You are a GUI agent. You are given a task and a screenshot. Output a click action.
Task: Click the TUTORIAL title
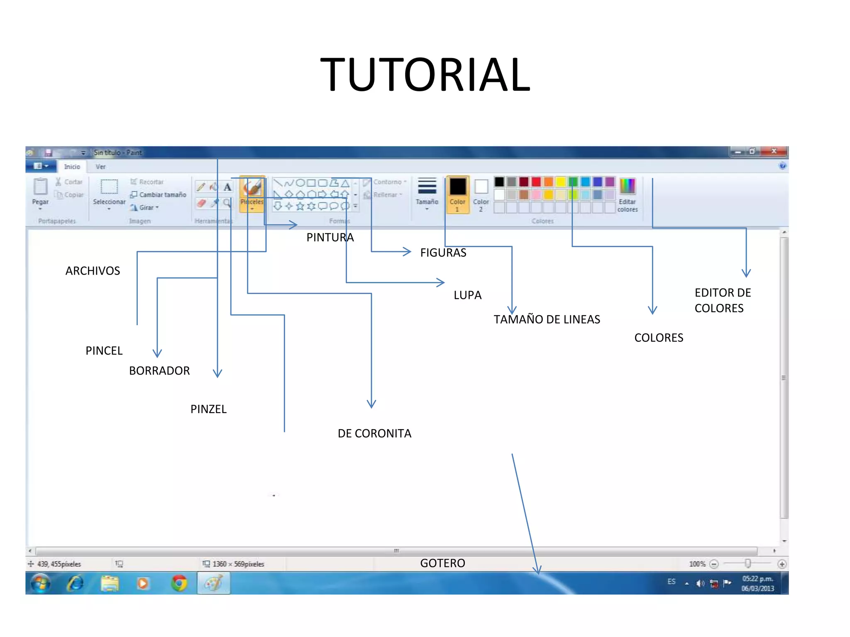(425, 75)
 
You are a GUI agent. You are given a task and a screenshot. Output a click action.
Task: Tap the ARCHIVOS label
(93, 271)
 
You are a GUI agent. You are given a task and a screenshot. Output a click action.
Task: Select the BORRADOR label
(159, 371)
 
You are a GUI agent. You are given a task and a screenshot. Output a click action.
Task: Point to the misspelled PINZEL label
(208, 409)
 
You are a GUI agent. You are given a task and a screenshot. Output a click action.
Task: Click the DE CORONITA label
(374, 433)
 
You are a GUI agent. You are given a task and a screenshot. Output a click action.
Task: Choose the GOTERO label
(442, 563)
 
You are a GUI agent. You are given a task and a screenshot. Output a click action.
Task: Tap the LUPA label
(467, 295)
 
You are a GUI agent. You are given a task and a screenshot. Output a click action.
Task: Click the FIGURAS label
(443, 253)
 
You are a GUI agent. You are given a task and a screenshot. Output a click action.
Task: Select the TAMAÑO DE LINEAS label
(547, 319)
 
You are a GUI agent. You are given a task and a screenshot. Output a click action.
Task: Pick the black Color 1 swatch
(457, 187)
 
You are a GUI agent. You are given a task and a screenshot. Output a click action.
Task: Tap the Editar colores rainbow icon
(627, 186)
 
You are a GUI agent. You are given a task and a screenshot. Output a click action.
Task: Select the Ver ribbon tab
(100, 167)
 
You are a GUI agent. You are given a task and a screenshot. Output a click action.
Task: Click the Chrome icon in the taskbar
(179, 583)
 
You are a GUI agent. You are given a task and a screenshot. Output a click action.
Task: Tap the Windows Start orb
(41, 583)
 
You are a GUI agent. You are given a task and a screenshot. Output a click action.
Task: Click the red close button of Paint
(774, 151)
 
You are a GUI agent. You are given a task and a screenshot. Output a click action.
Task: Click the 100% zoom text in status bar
(697, 564)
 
